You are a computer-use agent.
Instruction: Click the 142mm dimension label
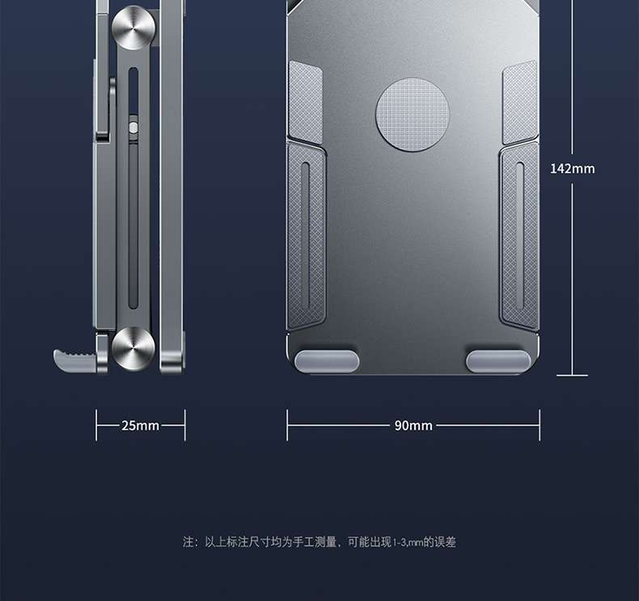[572, 169]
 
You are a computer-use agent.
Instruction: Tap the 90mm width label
[413, 426]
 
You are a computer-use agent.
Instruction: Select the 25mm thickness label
[141, 426]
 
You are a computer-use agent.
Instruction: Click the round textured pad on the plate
[413, 114]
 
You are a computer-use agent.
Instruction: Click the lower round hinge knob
[133, 347]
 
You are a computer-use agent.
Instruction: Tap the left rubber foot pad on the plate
[327, 361]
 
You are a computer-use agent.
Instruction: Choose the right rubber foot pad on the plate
[497, 361]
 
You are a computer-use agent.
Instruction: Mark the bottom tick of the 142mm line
[572, 375]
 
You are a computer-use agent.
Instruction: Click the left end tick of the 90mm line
[287, 425]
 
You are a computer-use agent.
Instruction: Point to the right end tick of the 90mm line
[540, 425]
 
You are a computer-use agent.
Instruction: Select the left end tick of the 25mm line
[96, 425]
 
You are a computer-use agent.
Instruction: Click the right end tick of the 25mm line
[185, 425]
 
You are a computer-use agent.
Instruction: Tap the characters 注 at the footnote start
[188, 542]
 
